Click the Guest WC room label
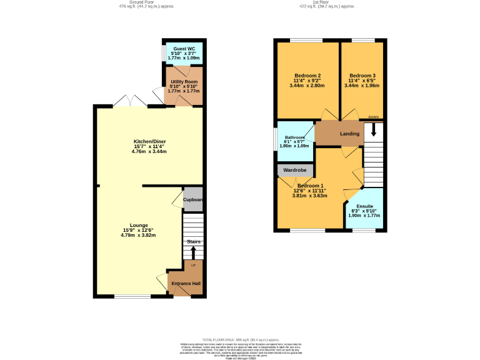[x=184, y=48]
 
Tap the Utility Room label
[x=184, y=82]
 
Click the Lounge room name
[x=139, y=225]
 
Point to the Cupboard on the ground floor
[x=193, y=200]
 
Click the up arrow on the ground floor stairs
[x=193, y=252]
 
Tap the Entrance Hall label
[x=186, y=283]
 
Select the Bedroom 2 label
[x=307, y=76]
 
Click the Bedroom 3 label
[x=362, y=76]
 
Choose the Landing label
[x=349, y=134]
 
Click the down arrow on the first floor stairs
[x=374, y=130]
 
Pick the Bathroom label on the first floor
[x=295, y=137]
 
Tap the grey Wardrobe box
[x=294, y=170]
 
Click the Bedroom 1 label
[x=310, y=186]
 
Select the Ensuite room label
[x=364, y=206]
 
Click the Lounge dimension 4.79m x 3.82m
[x=139, y=235]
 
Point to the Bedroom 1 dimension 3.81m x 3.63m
[x=310, y=196]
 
